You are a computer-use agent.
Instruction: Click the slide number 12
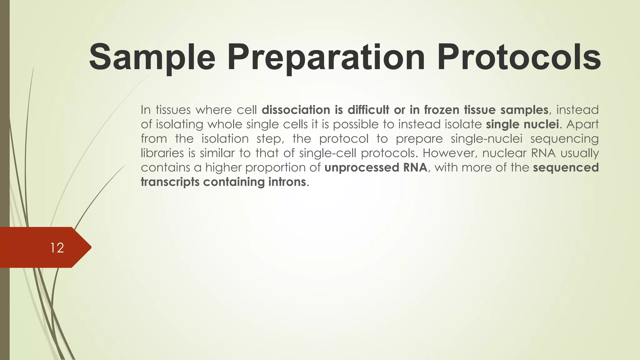[57, 248]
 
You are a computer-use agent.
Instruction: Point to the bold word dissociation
[296, 110]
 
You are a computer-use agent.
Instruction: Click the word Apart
[582, 124]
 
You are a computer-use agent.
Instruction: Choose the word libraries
[162, 153]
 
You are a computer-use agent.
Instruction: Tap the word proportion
[275, 168]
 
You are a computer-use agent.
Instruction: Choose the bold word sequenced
[566, 168]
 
